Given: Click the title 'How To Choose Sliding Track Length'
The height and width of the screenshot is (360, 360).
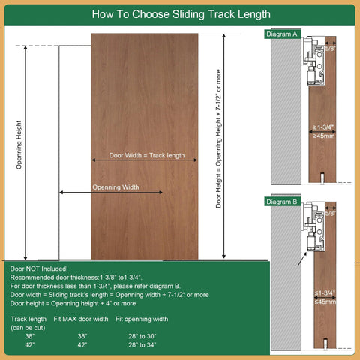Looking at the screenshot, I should pos(180,14).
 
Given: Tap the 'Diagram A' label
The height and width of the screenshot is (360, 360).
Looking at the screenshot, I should pos(282,34).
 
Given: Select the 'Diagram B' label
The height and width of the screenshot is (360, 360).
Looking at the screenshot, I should pos(282,201).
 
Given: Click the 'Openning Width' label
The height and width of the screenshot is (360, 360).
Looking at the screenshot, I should pos(115,187).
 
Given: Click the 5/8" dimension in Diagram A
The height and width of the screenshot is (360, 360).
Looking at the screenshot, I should pos(331,49).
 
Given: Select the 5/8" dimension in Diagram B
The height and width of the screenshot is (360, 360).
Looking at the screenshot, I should pos(331,214).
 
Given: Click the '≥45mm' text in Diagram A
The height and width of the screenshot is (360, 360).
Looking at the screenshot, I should pos(323,136).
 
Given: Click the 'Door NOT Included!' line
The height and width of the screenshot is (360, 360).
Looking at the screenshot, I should pos(39,268).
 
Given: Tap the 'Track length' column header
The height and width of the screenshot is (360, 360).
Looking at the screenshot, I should pos(29,319).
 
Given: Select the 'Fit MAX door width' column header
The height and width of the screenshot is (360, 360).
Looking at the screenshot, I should pos(80,319).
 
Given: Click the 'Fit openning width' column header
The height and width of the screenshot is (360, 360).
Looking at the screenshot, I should pos(142,319).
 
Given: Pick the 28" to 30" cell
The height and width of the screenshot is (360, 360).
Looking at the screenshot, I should pos(142,336).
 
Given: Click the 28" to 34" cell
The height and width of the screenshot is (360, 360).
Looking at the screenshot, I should pos(142,345).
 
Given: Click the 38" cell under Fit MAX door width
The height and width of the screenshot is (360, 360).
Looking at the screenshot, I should pos(82,336).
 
